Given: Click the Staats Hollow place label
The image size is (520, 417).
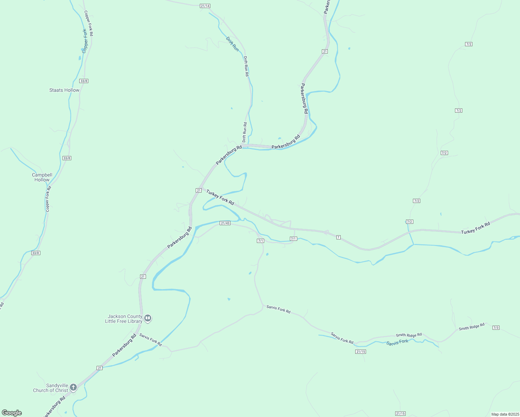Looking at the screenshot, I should [64, 90].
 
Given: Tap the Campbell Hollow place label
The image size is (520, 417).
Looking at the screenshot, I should [42, 177].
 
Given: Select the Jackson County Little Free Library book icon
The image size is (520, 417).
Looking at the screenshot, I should [148, 318].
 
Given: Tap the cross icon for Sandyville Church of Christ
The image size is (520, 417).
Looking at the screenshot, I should [73, 387].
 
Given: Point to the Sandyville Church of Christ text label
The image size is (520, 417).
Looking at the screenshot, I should [50, 388].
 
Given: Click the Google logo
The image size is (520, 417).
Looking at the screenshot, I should [11, 413].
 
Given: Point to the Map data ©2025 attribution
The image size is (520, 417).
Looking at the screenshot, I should [504, 414].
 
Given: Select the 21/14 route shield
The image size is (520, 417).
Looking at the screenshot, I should [205, 6].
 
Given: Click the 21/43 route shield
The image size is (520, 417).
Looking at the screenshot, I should [225, 223].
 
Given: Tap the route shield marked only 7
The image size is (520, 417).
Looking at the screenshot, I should [338, 237].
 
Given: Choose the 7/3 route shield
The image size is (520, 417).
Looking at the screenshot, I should [496, 328].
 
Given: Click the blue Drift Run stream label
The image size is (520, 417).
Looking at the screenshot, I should [233, 44].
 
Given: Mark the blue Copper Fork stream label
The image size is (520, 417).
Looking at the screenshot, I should [85, 41].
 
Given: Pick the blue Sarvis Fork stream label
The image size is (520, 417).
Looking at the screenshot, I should [397, 343].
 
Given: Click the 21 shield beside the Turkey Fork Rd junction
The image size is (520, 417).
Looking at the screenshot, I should [198, 190].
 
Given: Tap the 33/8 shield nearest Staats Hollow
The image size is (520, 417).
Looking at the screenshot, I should [84, 81].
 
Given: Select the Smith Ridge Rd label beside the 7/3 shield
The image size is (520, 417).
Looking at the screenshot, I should [471, 327].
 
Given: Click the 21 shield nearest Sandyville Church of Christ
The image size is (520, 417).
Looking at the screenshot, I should [100, 368].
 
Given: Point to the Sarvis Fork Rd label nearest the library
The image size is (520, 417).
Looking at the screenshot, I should [151, 340].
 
